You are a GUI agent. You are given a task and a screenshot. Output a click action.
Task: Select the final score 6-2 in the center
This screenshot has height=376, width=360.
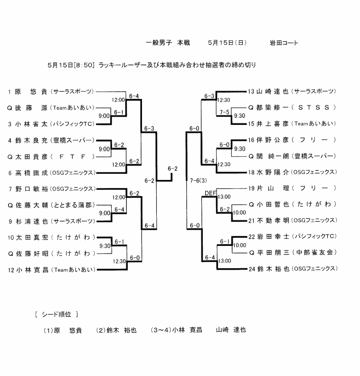point(172,169)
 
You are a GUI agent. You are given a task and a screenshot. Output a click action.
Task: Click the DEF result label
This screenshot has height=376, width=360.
point(209,193)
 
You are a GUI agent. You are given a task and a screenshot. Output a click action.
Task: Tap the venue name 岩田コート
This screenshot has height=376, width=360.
point(284,43)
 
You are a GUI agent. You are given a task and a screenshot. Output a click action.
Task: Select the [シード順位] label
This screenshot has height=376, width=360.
point(57,314)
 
